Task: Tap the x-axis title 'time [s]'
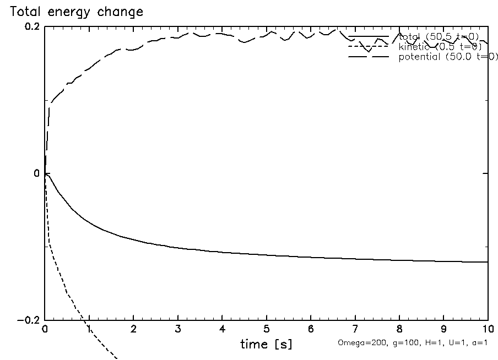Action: coord(267,344)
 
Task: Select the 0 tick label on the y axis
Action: coord(36,173)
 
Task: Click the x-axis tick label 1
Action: coord(89,329)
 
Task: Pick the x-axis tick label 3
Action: coord(178,329)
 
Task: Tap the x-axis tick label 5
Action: coord(267,329)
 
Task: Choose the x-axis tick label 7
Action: coord(355,329)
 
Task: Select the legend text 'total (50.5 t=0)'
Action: coord(439,37)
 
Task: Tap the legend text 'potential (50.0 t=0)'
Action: coord(447,57)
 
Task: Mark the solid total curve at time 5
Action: coord(267,255)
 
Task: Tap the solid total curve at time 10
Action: coord(487,262)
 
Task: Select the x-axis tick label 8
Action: coord(399,329)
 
